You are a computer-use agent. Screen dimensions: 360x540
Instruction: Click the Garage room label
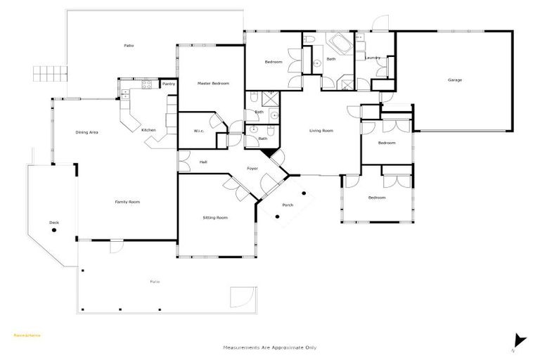pos(455,80)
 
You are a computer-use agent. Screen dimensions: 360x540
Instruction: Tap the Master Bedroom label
pos(213,84)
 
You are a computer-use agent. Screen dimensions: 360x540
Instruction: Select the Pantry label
pos(169,84)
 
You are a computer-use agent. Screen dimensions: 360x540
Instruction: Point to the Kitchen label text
pos(148,130)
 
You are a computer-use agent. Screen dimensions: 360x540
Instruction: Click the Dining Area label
pos(86,132)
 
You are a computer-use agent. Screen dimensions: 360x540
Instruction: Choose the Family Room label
pos(127,202)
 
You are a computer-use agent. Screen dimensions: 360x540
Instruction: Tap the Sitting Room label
pos(215,218)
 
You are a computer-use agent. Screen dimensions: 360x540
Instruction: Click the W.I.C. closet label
pos(199,131)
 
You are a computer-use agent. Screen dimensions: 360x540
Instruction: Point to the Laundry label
pos(373,58)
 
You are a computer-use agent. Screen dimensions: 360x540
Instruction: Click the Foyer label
pos(252,169)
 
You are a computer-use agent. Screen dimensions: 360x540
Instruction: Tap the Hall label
pos(203,162)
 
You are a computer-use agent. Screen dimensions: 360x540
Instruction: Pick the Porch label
pos(287,205)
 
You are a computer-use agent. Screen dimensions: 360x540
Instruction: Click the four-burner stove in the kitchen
pos(147,85)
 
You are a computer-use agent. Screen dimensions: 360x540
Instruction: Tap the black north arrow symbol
pos(520,340)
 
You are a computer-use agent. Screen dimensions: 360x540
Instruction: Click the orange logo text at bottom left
pos(27,335)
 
